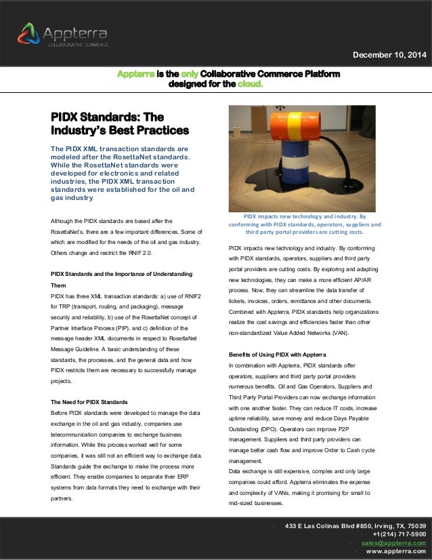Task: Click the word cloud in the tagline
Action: point(244,85)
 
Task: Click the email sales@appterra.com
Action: point(393,543)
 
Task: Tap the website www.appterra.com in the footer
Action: point(395,552)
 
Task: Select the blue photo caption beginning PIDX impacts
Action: point(305,224)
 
